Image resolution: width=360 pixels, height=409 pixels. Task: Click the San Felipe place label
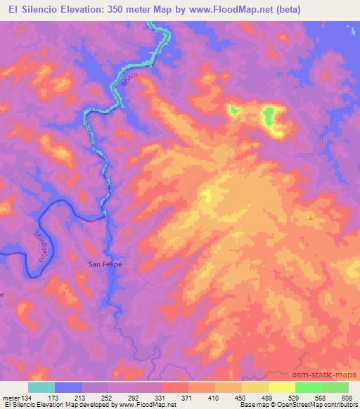[x=104, y=264]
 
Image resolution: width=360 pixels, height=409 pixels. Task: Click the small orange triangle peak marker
[x=310, y=217]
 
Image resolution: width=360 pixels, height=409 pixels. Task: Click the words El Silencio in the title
[x=34, y=10]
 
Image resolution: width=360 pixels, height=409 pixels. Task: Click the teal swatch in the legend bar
[x=41, y=387]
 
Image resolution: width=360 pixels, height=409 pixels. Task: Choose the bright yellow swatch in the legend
[x=282, y=387]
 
